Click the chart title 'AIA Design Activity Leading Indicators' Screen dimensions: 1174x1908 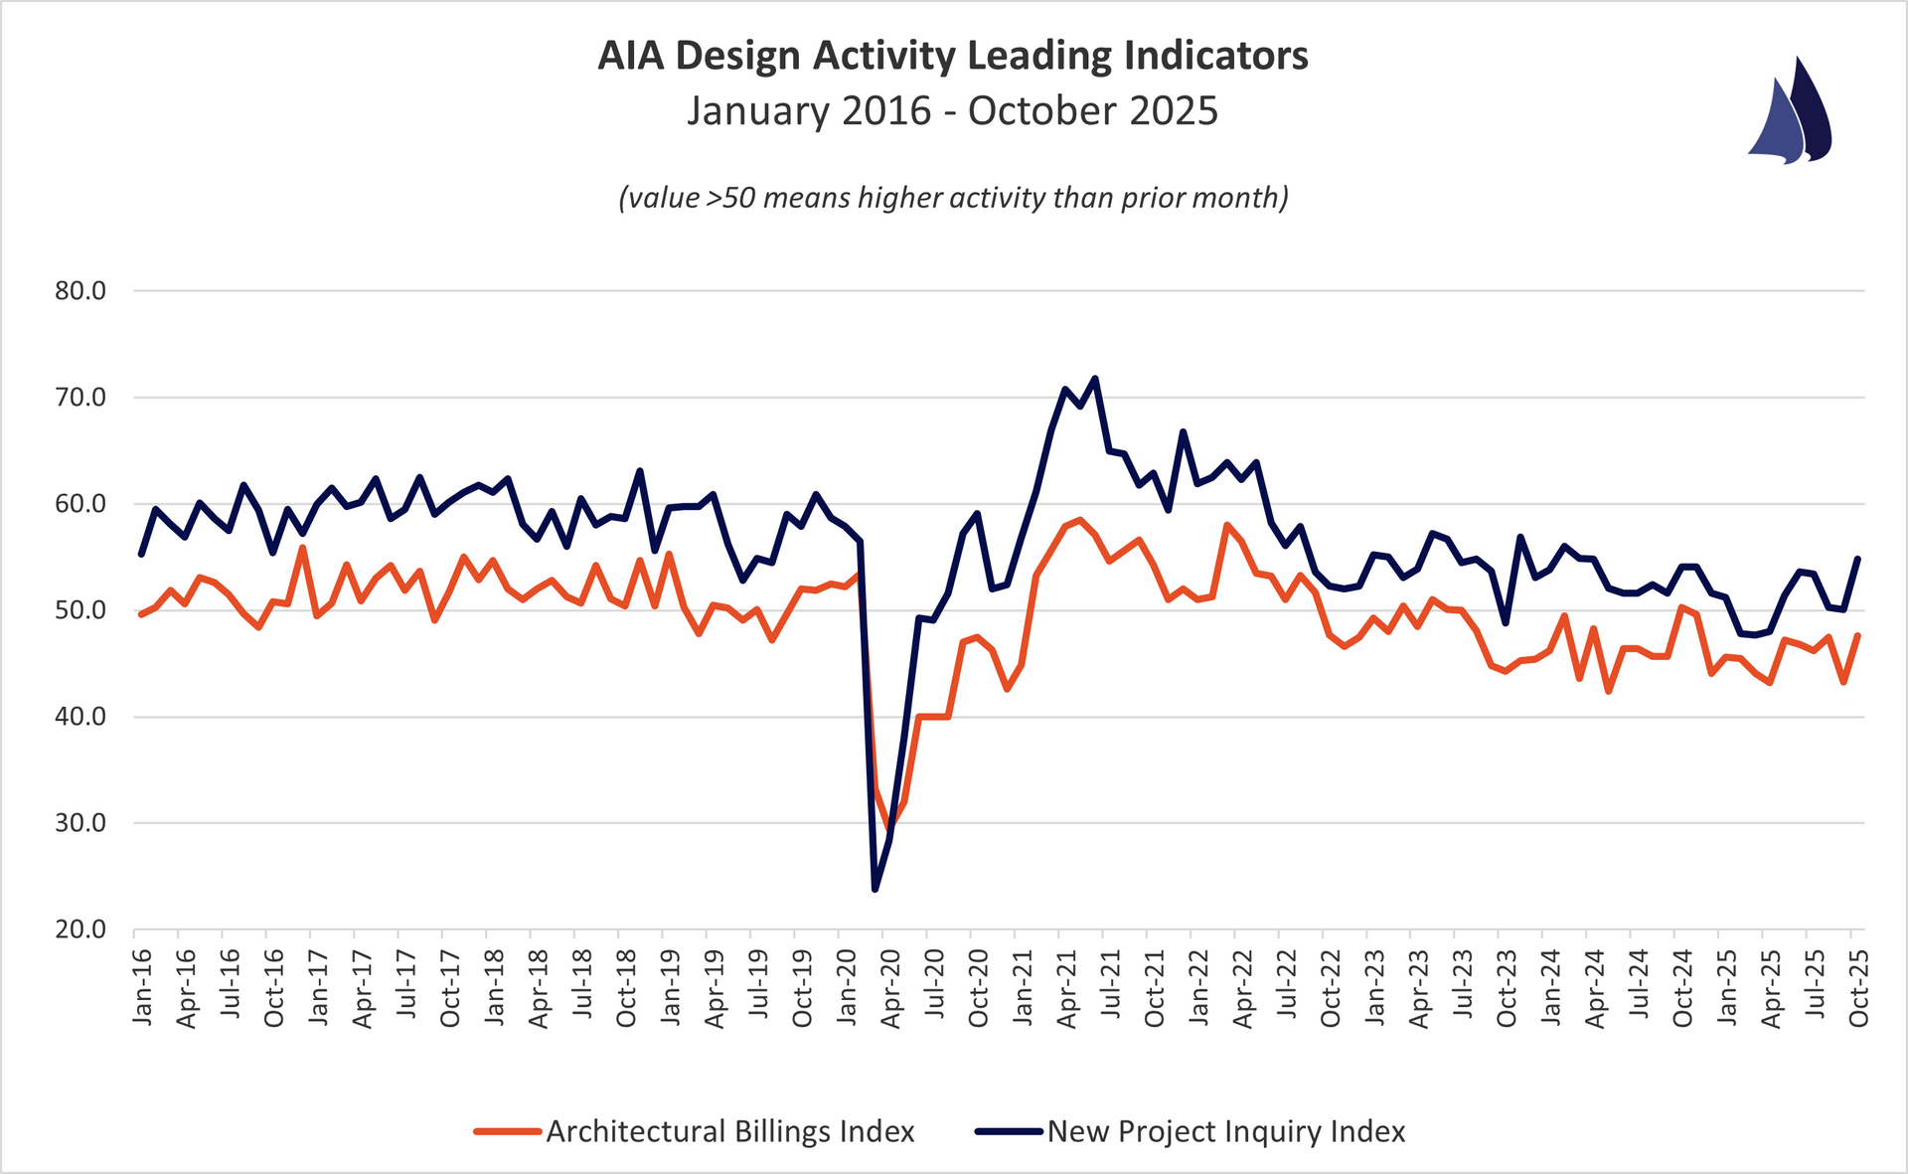(952, 57)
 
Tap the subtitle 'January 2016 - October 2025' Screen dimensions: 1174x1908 (952, 110)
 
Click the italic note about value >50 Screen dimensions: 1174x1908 (953, 198)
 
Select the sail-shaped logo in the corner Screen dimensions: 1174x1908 (1791, 111)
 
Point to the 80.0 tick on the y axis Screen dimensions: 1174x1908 (80, 291)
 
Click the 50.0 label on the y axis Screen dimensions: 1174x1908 (80, 610)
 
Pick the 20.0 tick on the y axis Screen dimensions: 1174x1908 (80, 929)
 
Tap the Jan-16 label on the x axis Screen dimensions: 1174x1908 (143, 987)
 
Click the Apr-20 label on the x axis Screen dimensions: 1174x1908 (891, 987)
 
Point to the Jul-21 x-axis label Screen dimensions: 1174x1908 (1111, 987)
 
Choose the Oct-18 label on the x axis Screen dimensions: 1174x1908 (627, 987)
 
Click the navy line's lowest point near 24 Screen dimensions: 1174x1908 (874, 889)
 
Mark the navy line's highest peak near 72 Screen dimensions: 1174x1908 (1095, 378)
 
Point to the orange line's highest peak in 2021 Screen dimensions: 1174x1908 (1080, 520)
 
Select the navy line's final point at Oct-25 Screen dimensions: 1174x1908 (1857, 559)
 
